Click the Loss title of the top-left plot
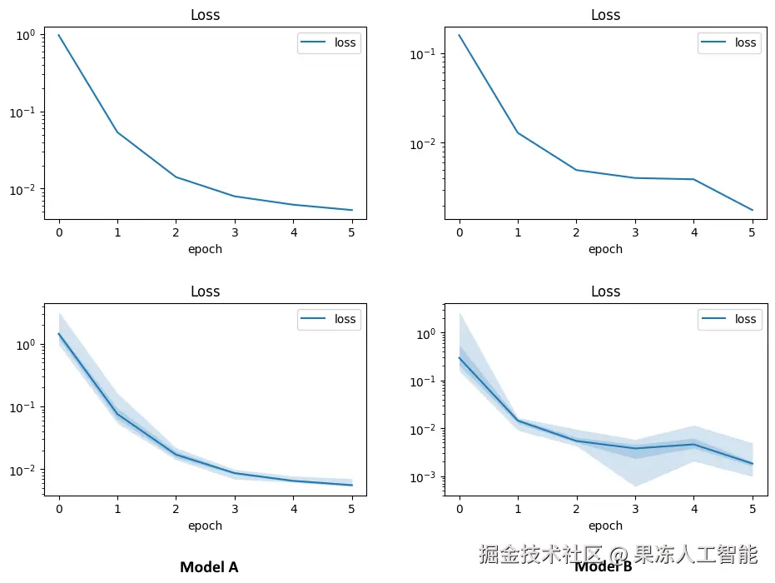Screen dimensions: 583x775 [205, 15]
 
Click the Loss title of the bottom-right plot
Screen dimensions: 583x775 [605, 291]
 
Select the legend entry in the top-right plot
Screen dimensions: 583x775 [728, 42]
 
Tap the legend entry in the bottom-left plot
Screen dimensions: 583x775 [329, 319]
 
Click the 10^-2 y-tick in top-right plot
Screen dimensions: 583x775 [425, 143]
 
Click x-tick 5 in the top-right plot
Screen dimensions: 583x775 [752, 233]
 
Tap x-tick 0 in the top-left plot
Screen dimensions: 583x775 [58, 233]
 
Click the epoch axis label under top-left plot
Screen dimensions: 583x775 [205, 249]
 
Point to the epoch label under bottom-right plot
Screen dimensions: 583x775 [605, 526]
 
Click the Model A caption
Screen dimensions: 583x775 [209, 567]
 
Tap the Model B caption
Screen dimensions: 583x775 [604, 568]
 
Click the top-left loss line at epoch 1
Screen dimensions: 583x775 [117, 132]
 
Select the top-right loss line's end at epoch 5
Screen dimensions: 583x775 [752, 210]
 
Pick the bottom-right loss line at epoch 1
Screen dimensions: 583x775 [518, 421]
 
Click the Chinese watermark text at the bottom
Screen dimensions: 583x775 [618, 554]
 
